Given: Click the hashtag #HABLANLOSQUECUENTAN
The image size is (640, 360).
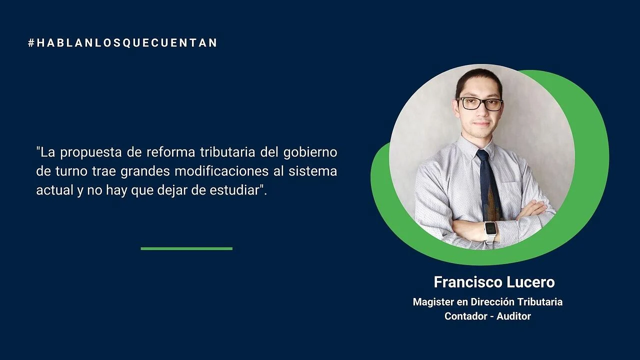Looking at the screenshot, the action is point(122,43).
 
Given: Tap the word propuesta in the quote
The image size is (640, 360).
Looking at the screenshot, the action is point(91,152).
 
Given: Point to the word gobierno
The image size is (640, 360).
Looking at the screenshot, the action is point(310,152).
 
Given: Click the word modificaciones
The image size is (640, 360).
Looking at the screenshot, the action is point(221,171).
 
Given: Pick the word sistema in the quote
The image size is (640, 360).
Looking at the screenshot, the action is point(313,171).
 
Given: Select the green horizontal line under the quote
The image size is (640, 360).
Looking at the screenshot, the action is point(186,248).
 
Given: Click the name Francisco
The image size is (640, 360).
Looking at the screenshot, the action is point(468,282).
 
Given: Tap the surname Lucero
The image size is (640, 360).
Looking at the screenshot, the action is point(531,282).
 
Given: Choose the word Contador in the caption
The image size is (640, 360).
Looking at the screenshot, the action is point(465,316).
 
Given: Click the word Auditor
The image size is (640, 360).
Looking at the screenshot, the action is point(513,316).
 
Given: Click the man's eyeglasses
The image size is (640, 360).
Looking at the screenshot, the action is point(480,103).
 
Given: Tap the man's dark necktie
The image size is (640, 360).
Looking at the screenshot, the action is point(489,185).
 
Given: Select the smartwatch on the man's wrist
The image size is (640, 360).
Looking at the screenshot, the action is point(490,231).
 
